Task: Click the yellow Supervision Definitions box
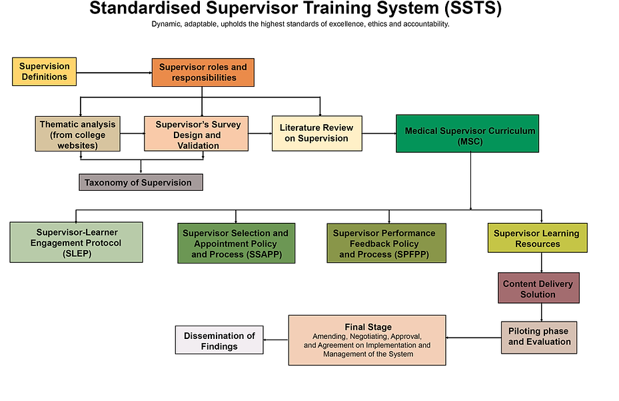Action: pos(45,72)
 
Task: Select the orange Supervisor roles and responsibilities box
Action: pos(203,72)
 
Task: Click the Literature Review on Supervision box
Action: pos(316,133)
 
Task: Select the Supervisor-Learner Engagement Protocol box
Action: pos(76,242)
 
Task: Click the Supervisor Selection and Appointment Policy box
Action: pos(235,244)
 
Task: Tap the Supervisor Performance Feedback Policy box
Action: pos(384,244)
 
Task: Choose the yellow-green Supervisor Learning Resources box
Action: pos(537,238)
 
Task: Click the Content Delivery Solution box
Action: pos(538,289)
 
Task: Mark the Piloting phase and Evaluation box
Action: pos(538,337)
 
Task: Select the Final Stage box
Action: pos(368,340)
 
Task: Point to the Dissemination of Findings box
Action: pos(219,340)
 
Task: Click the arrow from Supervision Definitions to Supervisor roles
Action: pos(113,72)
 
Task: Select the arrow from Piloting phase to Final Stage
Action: pos(473,338)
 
